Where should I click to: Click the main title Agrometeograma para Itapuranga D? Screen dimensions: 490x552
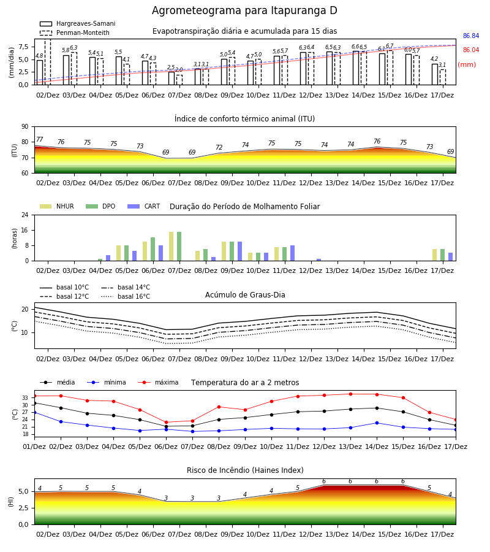click(x=244, y=10)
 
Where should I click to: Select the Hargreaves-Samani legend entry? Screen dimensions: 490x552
click(x=78, y=23)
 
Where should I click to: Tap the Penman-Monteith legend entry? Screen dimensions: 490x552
click(x=75, y=33)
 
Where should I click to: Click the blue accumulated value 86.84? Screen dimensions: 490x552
click(x=471, y=36)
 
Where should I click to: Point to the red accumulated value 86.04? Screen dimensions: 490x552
click(x=471, y=50)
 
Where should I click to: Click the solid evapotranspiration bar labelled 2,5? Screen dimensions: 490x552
click(x=171, y=78)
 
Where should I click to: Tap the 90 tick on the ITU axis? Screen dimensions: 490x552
click(x=25, y=127)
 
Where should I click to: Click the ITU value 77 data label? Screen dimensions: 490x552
click(x=40, y=139)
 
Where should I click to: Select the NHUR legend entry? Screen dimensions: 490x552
click(x=57, y=206)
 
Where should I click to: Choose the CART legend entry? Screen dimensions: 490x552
click(x=144, y=206)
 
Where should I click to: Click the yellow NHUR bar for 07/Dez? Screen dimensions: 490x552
click(x=171, y=247)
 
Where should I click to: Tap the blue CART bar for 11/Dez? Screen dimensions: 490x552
click(x=292, y=253)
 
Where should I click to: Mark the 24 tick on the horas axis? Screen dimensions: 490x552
click(x=25, y=215)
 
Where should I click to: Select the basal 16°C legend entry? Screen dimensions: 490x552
click(x=126, y=296)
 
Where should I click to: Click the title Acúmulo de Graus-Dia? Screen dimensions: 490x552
click(x=245, y=295)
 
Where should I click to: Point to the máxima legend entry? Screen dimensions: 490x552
click(x=158, y=382)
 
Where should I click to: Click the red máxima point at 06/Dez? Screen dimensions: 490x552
click(x=166, y=423)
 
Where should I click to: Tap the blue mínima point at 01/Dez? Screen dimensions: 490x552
click(x=34, y=412)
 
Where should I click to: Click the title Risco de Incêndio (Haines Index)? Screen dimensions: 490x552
click(x=245, y=470)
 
